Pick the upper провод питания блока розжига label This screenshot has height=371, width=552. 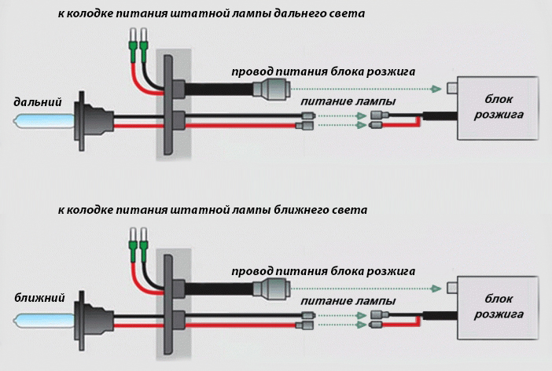coord(323,72)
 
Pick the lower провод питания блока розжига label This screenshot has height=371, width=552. coord(323,270)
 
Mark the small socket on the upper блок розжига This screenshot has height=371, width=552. coord(452,87)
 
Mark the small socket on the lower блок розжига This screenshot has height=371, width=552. coord(452,286)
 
